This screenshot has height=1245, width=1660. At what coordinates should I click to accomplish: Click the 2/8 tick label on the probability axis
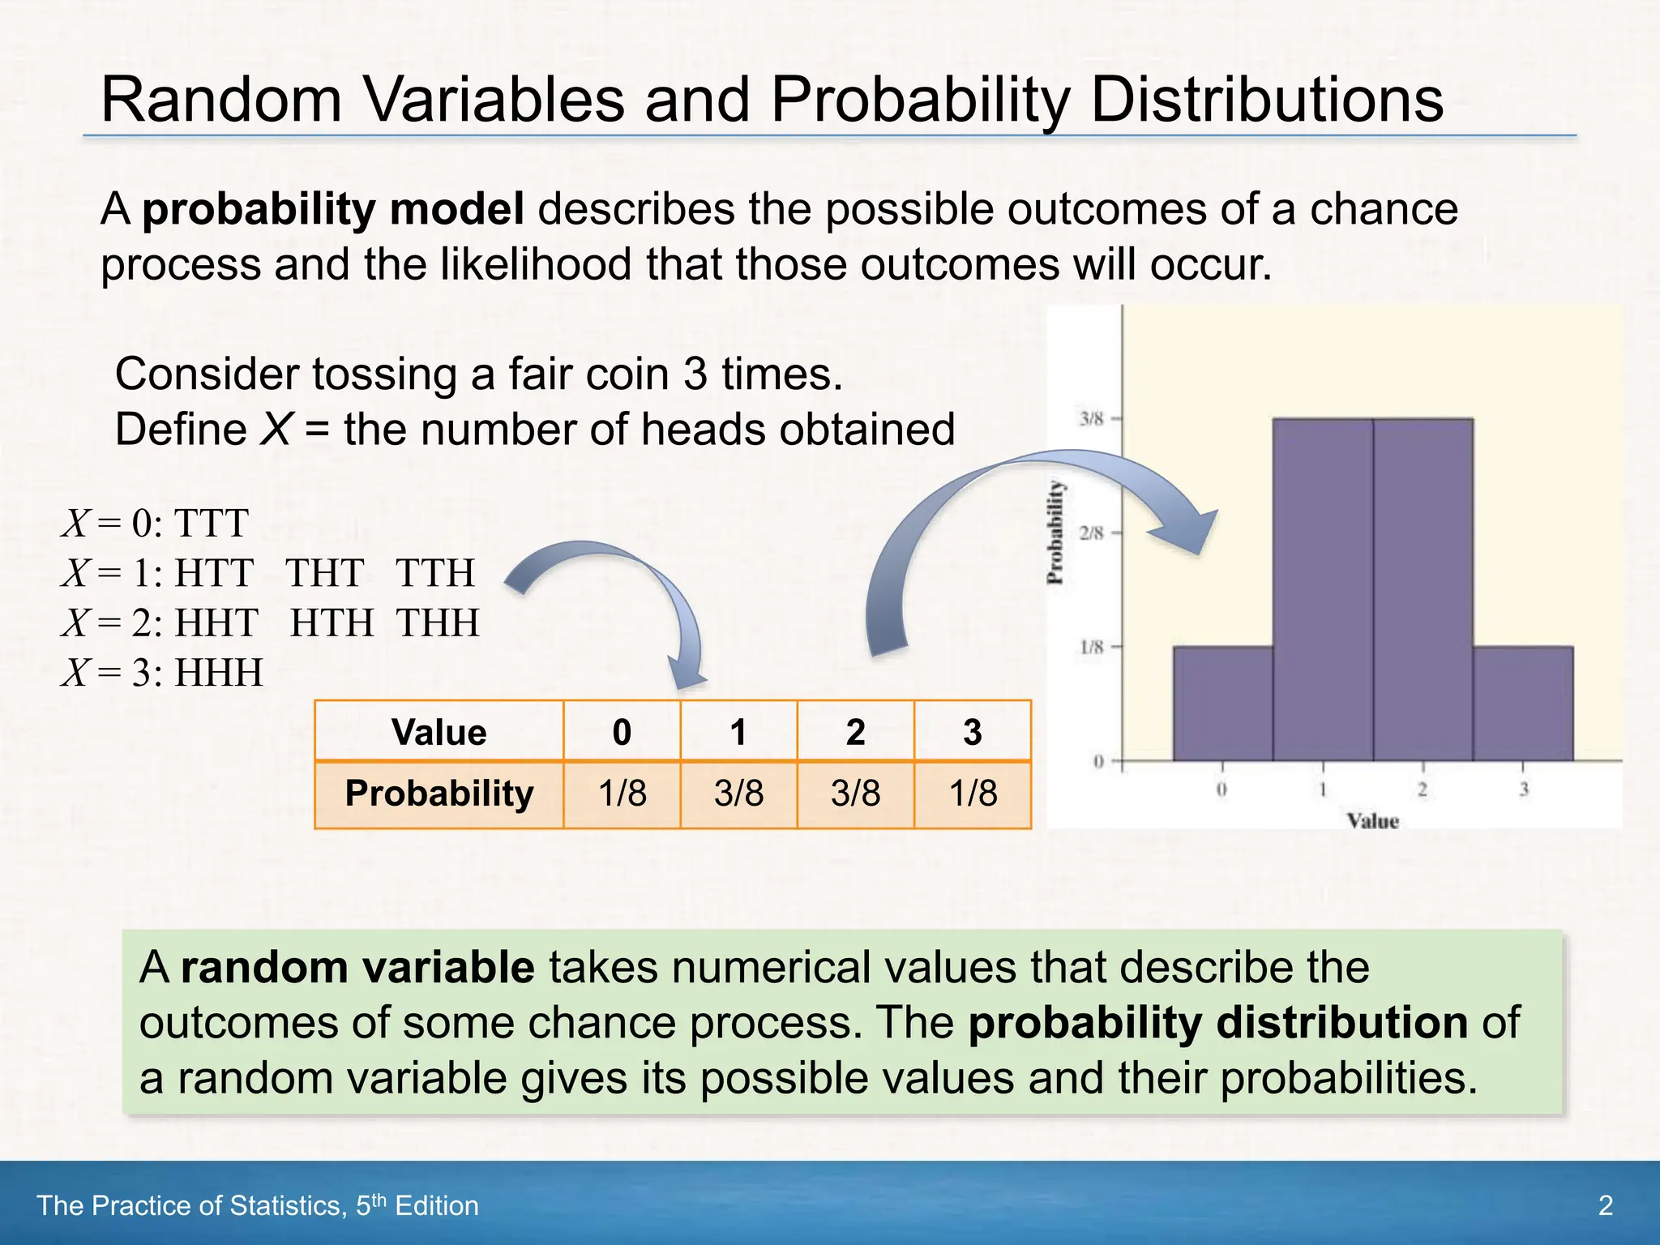point(1092,533)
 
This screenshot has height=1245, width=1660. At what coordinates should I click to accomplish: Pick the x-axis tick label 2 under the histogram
point(1423,789)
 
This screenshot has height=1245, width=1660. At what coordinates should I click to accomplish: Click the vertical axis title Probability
point(1055,533)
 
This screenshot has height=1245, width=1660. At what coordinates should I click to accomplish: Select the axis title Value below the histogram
point(1373,821)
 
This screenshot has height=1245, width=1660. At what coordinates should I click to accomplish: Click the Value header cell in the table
point(439,732)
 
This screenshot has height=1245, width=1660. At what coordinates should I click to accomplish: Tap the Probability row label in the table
point(439,794)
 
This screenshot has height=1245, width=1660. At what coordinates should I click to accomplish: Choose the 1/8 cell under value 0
point(622,794)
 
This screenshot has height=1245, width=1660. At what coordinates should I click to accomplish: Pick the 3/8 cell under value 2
point(855,794)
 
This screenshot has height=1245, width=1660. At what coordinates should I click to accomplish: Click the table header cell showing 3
point(973,732)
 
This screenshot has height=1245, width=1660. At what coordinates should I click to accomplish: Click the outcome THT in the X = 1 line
point(324,574)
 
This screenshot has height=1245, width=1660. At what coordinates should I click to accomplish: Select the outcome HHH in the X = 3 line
point(220,673)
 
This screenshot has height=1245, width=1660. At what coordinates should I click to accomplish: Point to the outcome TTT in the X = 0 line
point(211,524)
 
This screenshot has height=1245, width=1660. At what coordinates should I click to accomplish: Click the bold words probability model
point(333,209)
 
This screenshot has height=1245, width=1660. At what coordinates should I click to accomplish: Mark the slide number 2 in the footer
point(1605,1205)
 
